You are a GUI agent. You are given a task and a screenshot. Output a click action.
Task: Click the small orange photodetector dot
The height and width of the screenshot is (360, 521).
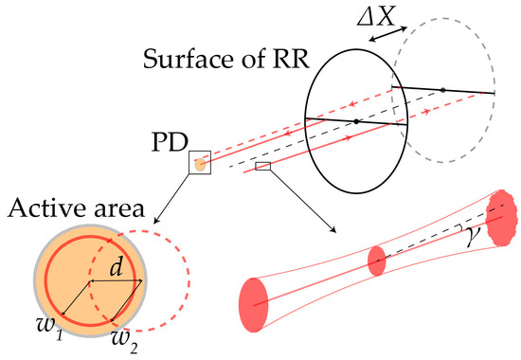click(200, 165)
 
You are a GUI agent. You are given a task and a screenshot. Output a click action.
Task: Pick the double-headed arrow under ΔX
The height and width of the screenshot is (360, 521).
click(387, 36)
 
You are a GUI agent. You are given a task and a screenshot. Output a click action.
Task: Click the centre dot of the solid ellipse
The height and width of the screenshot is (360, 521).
click(355, 121)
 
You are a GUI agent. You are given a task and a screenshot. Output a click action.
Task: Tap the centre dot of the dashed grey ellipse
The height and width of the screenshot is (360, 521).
click(442, 90)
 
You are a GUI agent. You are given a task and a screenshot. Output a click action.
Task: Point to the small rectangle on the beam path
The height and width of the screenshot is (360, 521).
click(263, 167)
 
